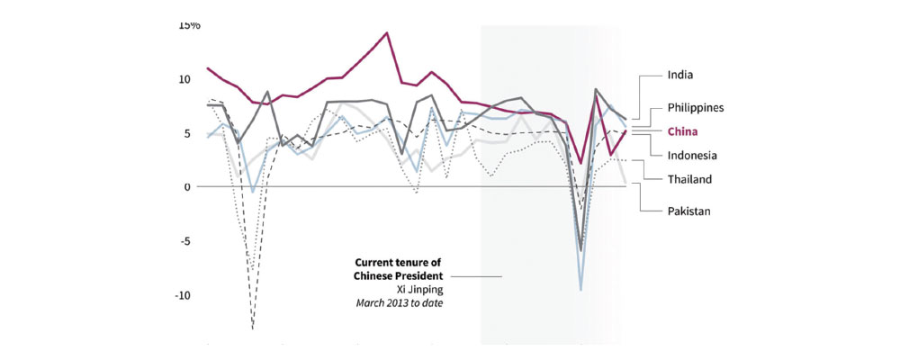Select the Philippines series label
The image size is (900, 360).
695,106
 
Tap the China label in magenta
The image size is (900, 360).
684,130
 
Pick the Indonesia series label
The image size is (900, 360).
691,155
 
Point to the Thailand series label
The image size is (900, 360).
689,179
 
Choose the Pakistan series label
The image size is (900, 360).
689,211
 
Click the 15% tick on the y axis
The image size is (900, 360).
189,24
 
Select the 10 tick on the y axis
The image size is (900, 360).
184,79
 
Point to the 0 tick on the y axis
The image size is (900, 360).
188,187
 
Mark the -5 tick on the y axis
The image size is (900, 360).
185,241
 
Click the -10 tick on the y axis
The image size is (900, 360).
183,295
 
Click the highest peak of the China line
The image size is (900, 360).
387,33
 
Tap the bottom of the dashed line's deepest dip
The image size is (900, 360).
253,328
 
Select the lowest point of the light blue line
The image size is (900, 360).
581,289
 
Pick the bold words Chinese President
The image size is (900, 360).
400,275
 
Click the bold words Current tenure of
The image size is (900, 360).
398,262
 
